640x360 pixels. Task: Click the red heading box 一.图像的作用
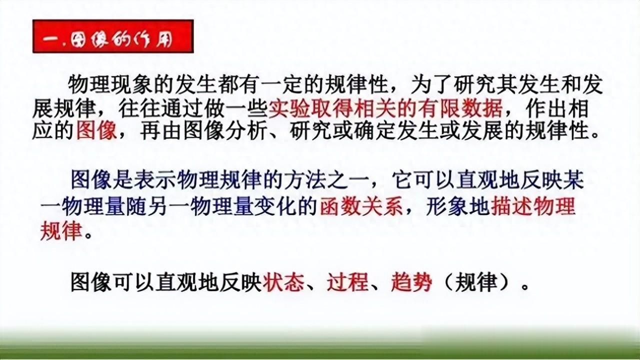tap(113, 36)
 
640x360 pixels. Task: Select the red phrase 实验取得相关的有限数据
tap(385, 108)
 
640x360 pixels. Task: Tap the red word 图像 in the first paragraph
tap(96, 131)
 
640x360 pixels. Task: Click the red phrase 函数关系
tap(361, 206)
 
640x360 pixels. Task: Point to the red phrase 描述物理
tap(532, 206)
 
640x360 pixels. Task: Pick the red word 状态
tap(283, 282)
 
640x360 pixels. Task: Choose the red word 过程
tap(347, 282)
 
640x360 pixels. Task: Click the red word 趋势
tap(411, 282)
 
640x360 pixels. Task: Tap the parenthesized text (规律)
tap(475, 282)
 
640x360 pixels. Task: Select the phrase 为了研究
tap(453, 84)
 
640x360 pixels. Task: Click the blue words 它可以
tap(423, 180)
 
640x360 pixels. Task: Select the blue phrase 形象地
tap(457, 206)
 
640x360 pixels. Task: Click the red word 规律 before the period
tap(61, 231)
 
